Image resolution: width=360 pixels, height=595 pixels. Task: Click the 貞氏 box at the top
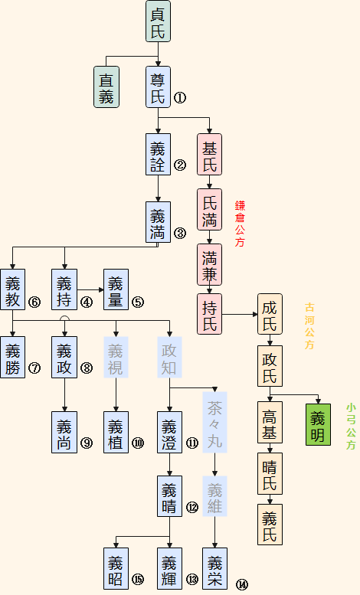158,21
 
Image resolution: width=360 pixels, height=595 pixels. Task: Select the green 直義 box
106,87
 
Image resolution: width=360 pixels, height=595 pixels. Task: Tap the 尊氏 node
158,87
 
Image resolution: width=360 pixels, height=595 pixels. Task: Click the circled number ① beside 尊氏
179,97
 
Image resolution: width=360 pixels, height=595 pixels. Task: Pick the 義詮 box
158,155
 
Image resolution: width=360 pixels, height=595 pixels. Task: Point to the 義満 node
158,222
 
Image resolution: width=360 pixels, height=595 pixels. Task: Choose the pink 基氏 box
209,155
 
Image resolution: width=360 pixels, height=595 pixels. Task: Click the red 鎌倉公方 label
240,224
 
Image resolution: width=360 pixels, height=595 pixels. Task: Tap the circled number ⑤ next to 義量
138,302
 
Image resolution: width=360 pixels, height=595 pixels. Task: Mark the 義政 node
64,358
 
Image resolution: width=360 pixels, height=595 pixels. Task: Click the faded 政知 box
169,358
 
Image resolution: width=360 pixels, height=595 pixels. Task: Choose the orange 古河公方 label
309,325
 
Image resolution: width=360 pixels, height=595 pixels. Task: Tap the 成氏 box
269,314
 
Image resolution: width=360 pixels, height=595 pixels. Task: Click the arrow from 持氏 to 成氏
238,314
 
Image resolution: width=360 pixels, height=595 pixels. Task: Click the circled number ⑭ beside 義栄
242,584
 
